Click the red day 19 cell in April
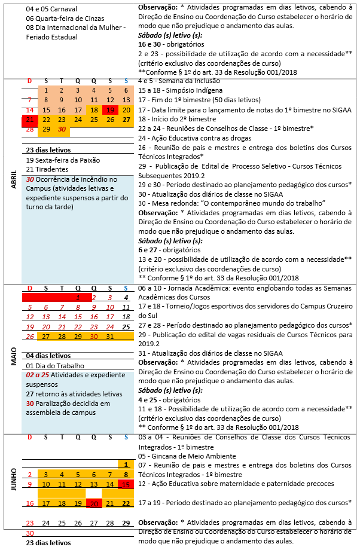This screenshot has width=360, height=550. click(110, 110)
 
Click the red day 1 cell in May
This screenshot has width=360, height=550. click(78, 297)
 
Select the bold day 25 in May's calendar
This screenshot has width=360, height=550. click(126, 327)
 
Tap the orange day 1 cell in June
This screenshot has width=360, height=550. click(126, 464)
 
